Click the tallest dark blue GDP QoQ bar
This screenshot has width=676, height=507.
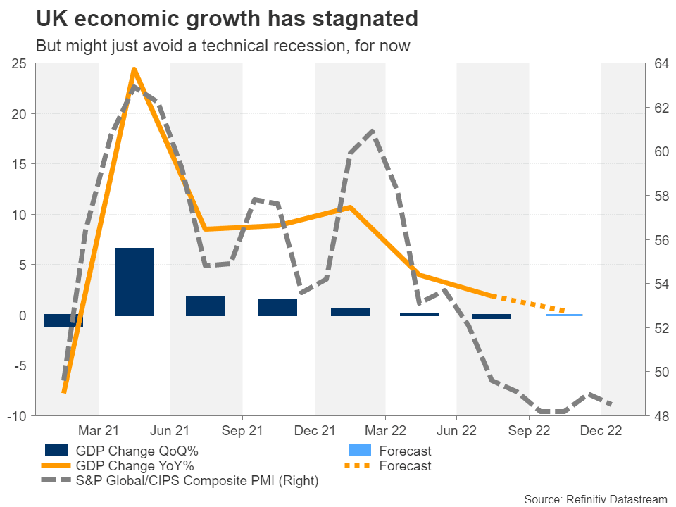(134, 282)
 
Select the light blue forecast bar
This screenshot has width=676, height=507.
(564, 315)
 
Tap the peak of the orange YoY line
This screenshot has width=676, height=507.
(134, 69)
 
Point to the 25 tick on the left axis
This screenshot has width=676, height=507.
(20, 64)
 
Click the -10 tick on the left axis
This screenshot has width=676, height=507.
(18, 416)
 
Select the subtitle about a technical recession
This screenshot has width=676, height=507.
(223, 46)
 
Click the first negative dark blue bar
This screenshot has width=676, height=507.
(63, 321)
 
